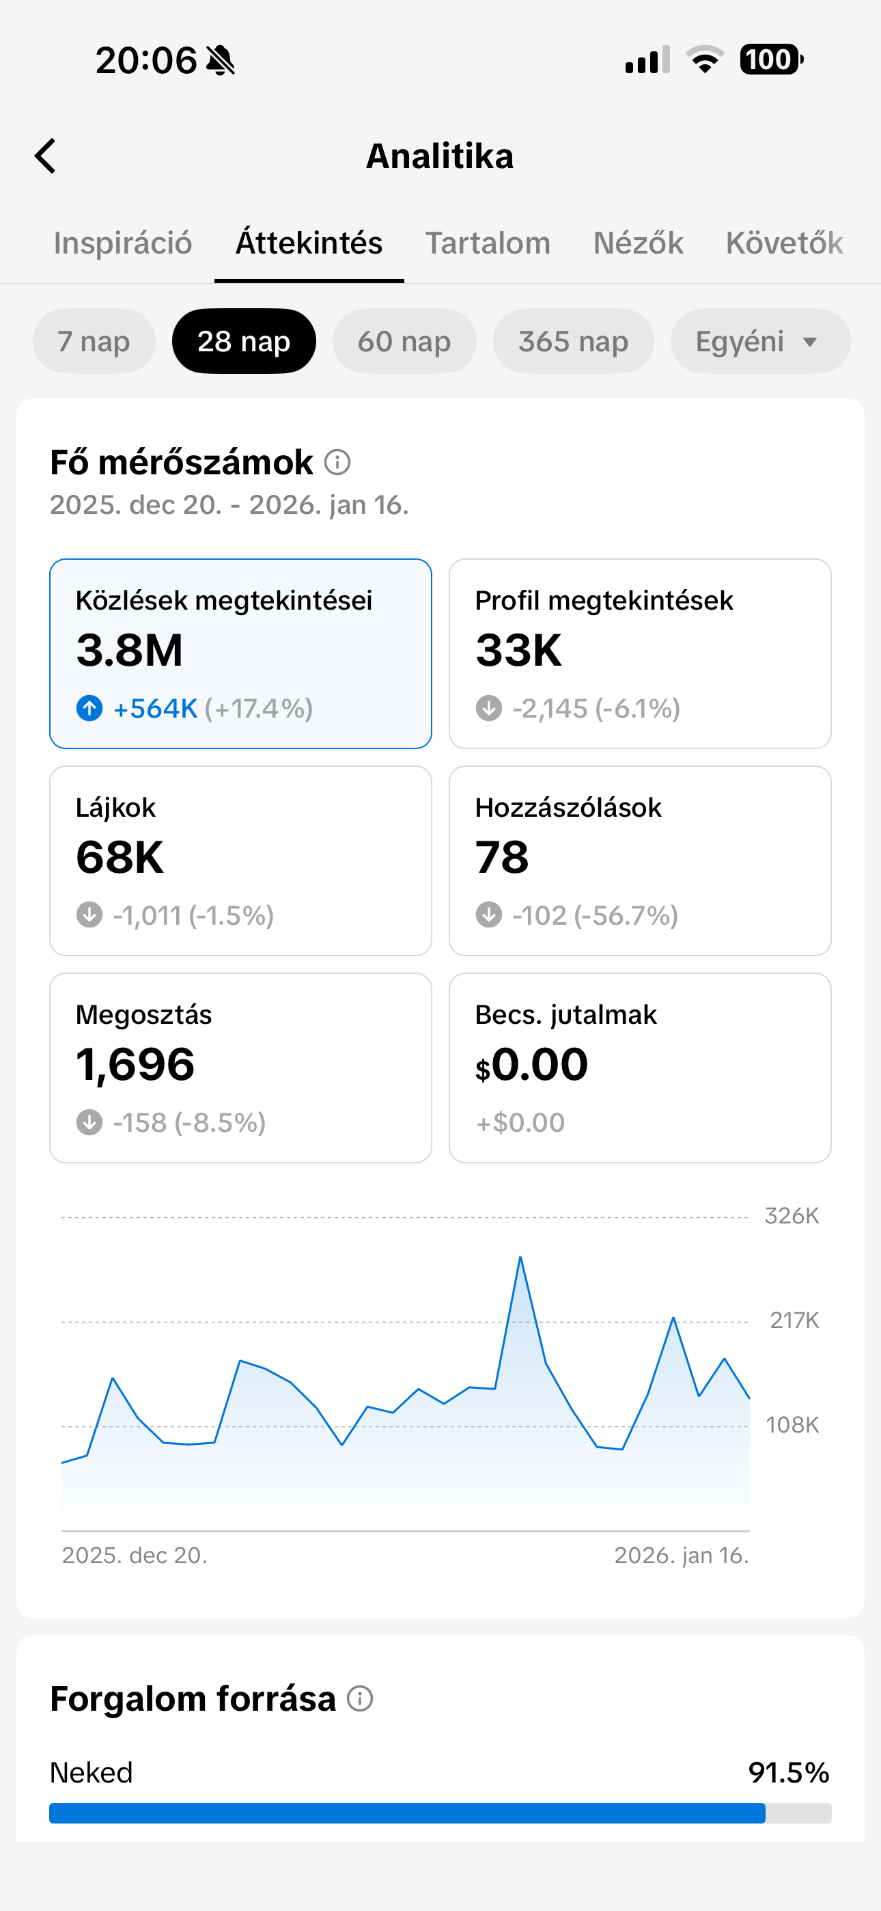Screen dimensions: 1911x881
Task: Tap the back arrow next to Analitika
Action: click(x=45, y=156)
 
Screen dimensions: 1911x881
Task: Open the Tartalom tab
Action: click(x=487, y=243)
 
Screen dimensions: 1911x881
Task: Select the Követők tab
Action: click(x=784, y=243)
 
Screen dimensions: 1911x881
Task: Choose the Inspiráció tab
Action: click(x=122, y=243)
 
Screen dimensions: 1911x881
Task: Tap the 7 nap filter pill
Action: click(x=94, y=341)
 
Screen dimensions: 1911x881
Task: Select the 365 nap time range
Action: click(x=572, y=341)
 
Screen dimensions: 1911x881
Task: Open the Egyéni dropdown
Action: click(x=759, y=341)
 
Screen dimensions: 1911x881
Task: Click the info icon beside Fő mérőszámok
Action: click(x=337, y=462)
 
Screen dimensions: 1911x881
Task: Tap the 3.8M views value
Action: click(x=129, y=651)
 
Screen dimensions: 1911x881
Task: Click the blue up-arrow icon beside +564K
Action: click(x=89, y=709)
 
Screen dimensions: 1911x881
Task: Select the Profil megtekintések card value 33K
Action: click(x=518, y=651)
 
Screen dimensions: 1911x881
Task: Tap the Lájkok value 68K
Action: click(x=120, y=858)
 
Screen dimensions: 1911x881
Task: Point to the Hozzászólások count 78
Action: click(x=502, y=858)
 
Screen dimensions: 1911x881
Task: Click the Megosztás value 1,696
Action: click(x=135, y=1065)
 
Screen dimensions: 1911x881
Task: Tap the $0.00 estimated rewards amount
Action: click(x=532, y=1065)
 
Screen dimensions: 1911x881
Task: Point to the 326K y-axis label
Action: click(x=792, y=1216)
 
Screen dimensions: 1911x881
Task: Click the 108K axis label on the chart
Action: click(x=792, y=1425)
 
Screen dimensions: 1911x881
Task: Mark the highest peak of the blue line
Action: click(x=520, y=1257)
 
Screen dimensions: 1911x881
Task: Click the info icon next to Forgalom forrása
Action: click(x=361, y=1698)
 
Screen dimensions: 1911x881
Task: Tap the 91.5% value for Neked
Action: click(x=788, y=1773)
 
